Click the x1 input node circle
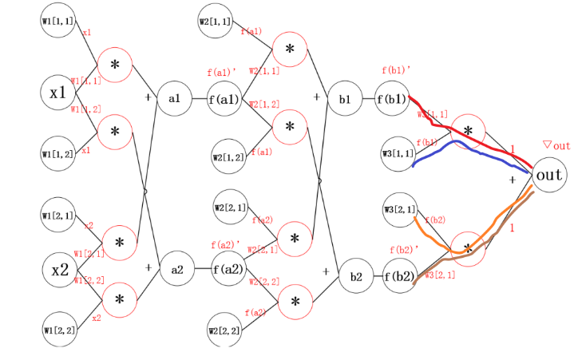(58, 93)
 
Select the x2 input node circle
(60, 270)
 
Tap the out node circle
(549, 175)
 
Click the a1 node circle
(173, 98)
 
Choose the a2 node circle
(176, 271)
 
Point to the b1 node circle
(345, 100)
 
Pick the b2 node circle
(356, 277)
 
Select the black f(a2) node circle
(228, 270)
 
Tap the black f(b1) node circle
(393, 100)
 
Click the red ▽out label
(556, 145)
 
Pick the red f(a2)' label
(226, 243)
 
